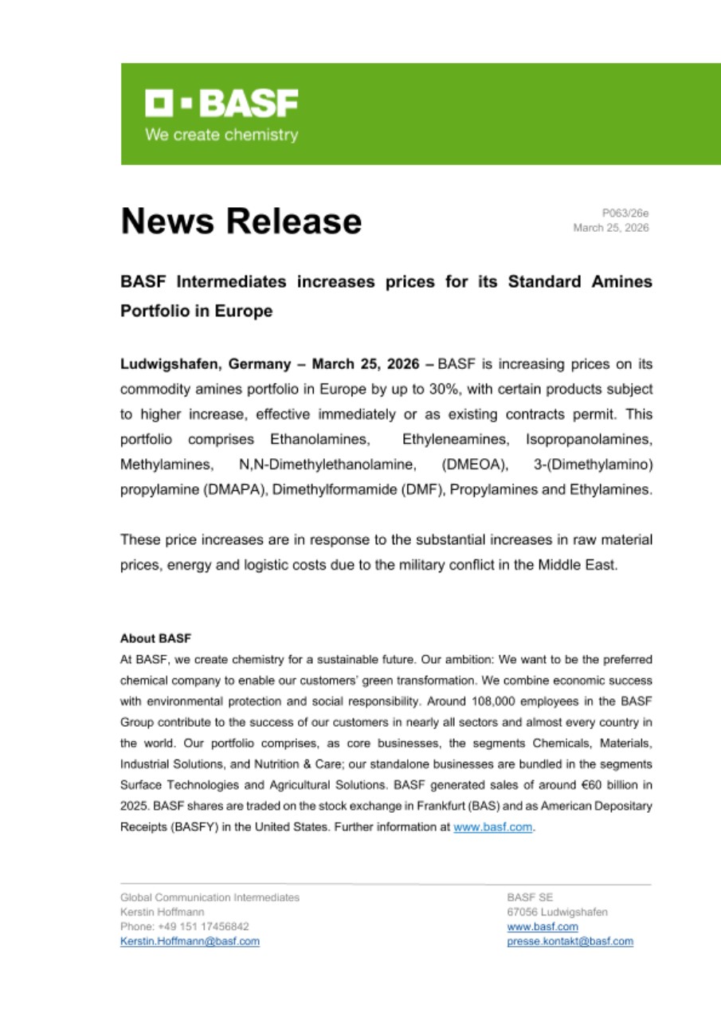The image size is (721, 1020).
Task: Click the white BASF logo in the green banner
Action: point(221,104)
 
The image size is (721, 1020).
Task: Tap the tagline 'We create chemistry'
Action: point(221,135)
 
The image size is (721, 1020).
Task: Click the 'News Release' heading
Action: point(241,221)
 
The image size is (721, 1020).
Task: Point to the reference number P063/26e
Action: point(625,213)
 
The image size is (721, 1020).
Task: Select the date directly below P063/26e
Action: point(611,228)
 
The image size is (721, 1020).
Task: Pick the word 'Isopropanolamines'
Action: point(589,440)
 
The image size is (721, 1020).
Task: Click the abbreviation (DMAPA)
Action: point(235,490)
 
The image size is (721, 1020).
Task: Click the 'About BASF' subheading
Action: point(156,638)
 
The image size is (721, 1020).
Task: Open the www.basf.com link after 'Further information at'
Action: point(492,827)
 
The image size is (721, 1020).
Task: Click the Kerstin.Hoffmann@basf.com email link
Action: point(190,941)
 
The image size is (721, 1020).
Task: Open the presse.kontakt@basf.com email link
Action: point(570,941)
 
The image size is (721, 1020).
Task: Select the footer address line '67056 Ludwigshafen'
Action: point(557,912)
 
